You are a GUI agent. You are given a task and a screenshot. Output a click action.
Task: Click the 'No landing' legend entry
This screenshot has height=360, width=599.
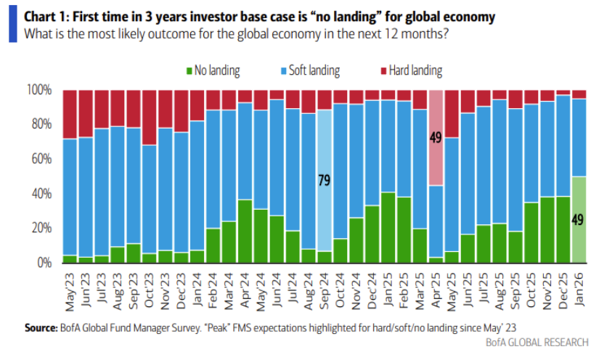217,70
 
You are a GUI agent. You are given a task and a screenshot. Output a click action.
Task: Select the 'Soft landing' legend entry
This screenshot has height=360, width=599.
313,70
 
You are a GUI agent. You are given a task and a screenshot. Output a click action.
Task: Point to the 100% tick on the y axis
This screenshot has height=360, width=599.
38,90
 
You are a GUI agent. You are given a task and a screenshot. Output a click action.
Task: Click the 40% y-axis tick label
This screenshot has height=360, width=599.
41,194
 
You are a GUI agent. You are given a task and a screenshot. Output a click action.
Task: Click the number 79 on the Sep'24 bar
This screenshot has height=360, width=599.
325,180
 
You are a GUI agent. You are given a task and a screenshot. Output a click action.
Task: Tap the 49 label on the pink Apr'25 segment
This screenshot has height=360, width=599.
436,136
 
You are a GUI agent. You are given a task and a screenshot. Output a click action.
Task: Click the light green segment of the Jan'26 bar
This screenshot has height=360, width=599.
579,218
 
